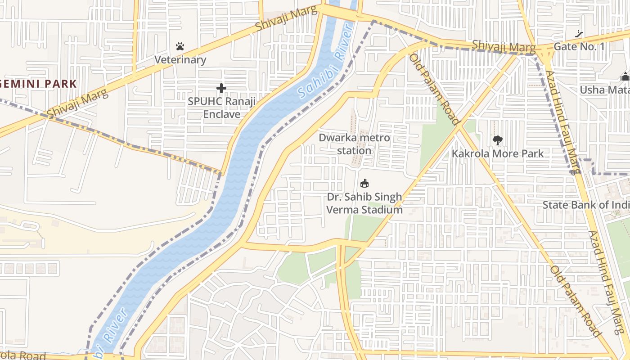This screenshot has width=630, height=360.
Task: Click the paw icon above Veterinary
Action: pyautogui.click(x=180, y=46)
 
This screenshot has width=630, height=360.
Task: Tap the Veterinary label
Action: pyautogui.click(x=180, y=60)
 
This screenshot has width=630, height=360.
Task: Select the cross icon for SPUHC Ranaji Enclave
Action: pyautogui.click(x=221, y=88)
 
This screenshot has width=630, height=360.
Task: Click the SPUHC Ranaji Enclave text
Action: pyautogui.click(x=221, y=108)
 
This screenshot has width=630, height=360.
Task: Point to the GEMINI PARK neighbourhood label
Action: pyautogui.click(x=38, y=84)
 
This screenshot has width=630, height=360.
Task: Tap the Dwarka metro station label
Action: pyautogui.click(x=354, y=144)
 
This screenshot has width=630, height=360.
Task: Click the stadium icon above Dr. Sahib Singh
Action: pyautogui.click(x=364, y=183)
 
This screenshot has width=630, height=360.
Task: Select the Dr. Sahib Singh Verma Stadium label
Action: pyautogui.click(x=364, y=203)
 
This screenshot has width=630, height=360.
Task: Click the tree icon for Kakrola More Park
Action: pyautogui.click(x=497, y=140)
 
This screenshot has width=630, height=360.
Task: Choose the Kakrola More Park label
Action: pyautogui.click(x=497, y=153)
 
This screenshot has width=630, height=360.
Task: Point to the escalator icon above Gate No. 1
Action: pyautogui.click(x=579, y=34)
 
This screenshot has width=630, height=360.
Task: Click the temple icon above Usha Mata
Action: pyautogui.click(x=625, y=76)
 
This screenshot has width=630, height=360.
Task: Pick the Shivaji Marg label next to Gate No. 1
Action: pyautogui.click(x=504, y=46)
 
